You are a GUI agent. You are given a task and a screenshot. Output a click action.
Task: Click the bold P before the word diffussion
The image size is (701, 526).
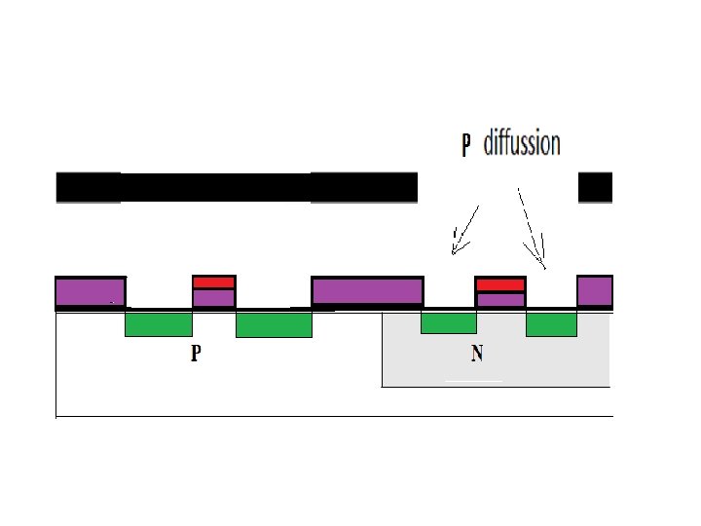(465, 145)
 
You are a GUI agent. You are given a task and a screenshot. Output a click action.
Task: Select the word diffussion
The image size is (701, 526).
(522, 144)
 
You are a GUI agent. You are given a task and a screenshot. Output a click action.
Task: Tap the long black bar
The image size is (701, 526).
(237, 188)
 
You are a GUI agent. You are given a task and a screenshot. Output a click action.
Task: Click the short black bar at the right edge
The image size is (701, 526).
(595, 188)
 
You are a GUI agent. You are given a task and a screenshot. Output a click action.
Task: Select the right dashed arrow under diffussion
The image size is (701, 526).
(532, 228)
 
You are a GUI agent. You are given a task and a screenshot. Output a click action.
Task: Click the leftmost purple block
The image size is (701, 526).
(91, 292)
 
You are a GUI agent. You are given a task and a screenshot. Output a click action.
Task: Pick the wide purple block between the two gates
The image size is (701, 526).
(367, 290)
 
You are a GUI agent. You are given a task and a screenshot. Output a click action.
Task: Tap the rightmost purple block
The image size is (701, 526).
(594, 290)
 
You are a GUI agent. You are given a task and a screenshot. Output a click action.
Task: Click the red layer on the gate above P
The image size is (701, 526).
(214, 282)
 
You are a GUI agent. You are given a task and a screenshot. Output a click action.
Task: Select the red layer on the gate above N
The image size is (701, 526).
(500, 284)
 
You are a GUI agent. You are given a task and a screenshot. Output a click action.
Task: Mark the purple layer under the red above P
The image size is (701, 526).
(214, 298)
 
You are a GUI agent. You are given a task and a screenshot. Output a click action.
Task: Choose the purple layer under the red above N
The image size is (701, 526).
(500, 300)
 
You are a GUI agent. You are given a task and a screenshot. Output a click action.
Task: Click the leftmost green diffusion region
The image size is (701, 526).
(159, 324)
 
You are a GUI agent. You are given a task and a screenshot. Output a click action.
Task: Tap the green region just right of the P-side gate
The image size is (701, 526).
(274, 324)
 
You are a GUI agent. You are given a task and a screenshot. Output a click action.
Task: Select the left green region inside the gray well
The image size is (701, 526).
(448, 322)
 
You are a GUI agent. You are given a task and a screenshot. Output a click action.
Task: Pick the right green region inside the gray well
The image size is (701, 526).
(551, 324)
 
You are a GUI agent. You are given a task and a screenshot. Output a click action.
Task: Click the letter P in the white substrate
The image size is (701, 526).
(196, 354)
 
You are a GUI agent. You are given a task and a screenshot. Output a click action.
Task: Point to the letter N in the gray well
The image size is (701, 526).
(477, 354)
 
